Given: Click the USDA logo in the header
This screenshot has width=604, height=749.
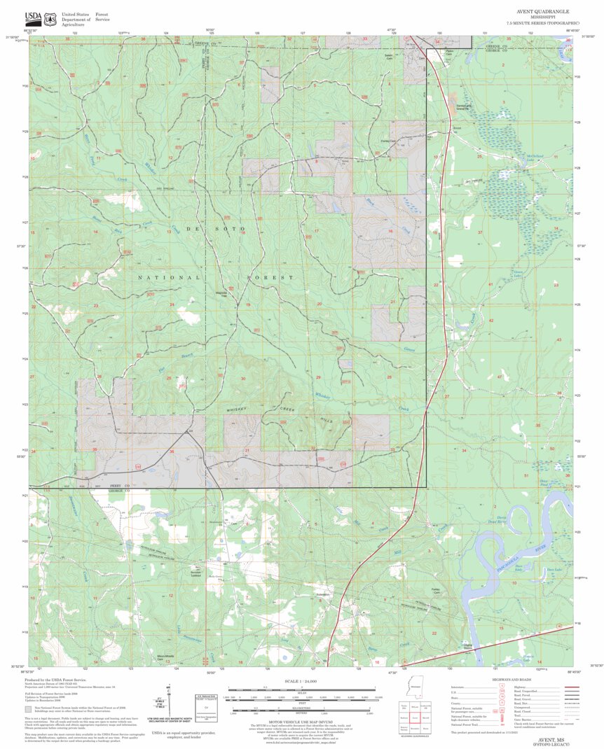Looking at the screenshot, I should pyautogui.click(x=33, y=19).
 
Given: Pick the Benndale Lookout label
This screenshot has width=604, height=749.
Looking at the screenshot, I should pyautogui.click(x=203, y=571).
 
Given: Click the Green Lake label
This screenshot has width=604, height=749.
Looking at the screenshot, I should pyautogui.click(x=519, y=273).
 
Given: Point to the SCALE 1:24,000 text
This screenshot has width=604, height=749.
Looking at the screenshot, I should pyautogui.click(x=301, y=680).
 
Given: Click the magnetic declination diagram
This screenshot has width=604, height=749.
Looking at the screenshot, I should pyautogui.click(x=170, y=702).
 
